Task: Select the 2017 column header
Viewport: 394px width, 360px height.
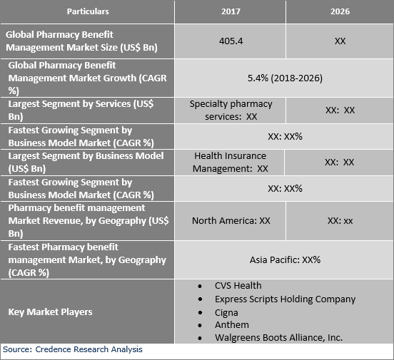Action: [231, 12]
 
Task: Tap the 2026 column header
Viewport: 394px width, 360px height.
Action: [339, 12]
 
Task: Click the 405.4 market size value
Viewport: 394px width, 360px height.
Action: [231, 41]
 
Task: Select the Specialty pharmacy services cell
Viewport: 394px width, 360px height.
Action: [231, 110]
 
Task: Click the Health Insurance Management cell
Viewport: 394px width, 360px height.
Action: [231, 162]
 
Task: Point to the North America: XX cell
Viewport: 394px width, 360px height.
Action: [231, 220]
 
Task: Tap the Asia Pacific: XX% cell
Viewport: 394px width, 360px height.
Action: [285, 259]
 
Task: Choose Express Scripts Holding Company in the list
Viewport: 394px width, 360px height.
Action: [285, 299]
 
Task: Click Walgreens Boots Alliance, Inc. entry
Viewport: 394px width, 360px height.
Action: [278, 338]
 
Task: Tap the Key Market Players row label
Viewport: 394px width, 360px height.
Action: [49, 312]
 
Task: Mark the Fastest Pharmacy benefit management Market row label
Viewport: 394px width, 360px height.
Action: [86, 259]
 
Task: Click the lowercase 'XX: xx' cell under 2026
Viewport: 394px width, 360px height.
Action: [339, 220]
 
